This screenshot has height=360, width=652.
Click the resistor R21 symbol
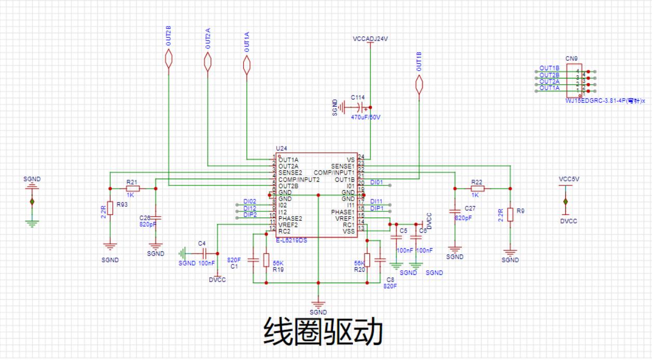132,189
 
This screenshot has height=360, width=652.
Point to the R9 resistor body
510,214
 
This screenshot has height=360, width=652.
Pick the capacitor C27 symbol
455,211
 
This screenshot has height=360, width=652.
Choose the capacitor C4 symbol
203,254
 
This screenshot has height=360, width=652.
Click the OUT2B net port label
168,61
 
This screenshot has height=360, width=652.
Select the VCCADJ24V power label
370,39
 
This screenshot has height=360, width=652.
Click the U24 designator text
281,149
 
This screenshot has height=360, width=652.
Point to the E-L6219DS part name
291,241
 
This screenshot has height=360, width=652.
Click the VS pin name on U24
350,159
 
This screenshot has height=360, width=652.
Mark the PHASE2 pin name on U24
290,218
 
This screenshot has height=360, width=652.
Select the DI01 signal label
377,182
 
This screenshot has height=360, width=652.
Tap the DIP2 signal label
250,215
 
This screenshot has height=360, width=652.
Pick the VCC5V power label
569,179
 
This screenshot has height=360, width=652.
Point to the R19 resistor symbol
266,260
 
